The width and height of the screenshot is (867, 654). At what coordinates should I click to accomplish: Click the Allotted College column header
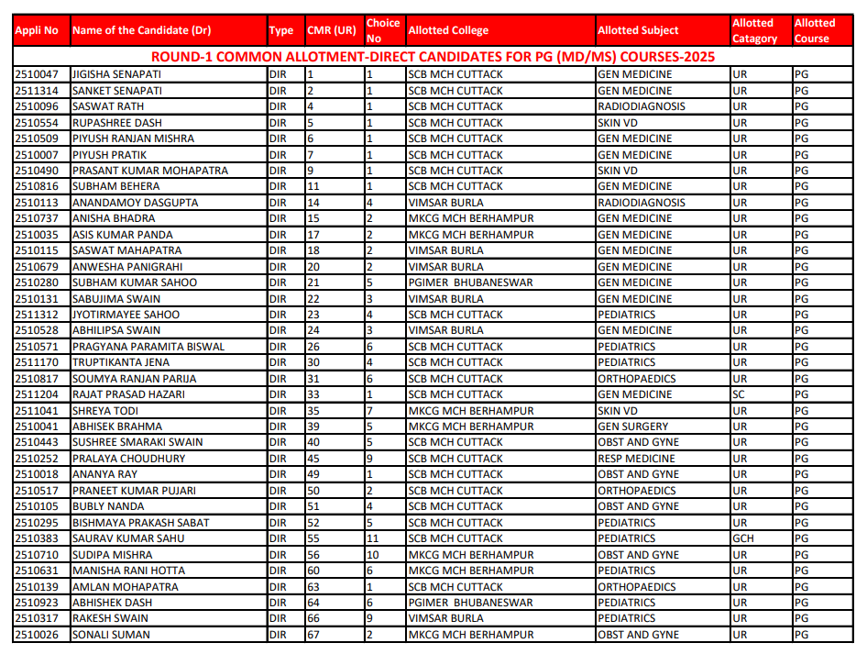coord(448,30)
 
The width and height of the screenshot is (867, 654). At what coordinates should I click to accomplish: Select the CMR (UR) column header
coord(331,30)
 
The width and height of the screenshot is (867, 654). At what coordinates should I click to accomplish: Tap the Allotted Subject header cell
coord(638,30)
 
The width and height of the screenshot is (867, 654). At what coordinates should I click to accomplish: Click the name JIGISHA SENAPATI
coord(115,74)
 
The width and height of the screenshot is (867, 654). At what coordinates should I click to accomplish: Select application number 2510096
coord(37,106)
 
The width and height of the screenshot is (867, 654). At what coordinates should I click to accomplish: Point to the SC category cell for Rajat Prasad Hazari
coord(739,394)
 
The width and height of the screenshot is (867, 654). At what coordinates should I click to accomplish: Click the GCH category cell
coord(742,538)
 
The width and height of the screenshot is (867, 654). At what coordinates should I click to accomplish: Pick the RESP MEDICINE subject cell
coord(636,459)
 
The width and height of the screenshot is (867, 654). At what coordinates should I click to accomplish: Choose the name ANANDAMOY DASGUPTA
coord(135,203)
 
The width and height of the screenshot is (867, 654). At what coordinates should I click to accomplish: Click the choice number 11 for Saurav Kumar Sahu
coord(372,538)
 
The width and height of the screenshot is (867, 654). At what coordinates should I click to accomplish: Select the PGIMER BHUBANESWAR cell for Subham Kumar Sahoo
coord(470,283)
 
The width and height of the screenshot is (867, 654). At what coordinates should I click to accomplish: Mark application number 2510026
coord(37,635)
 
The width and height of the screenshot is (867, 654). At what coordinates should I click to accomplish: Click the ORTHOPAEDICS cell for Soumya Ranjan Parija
coord(636,379)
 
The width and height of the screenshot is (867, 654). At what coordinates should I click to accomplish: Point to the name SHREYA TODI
coord(105,411)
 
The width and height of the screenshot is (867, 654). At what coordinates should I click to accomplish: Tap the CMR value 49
coord(313,474)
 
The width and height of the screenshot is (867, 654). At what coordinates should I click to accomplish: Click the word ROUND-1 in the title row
coord(180,57)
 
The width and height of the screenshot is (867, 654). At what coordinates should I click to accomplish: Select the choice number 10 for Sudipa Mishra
coord(372,555)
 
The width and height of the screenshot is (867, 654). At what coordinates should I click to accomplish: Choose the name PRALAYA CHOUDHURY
coord(128,459)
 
